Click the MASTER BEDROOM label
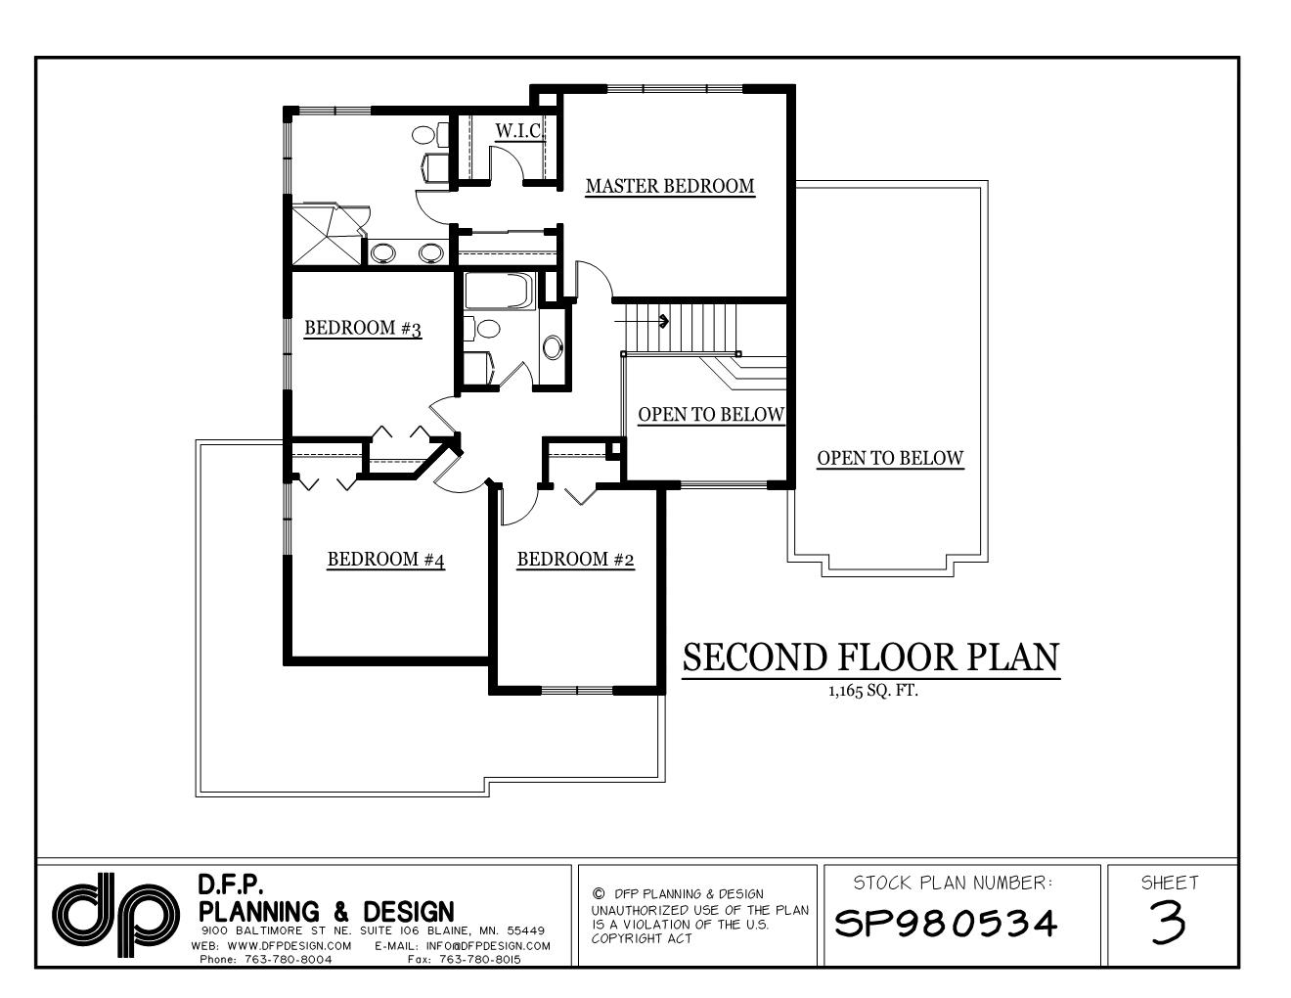[x=670, y=186]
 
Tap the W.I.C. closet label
[x=518, y=131]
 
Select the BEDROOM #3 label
[x=363, y=328]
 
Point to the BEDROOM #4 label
[x=386, y=560]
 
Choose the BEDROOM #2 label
[x=576, y=560]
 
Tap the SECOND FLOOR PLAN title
[x=870, y=658]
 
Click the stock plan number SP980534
[x=946, y=923]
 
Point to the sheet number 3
[x=1169, y=922]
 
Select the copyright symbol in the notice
[x=599, y=893]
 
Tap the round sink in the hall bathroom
[x=553, y=345]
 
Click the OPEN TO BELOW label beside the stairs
[x=711, y=415]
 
